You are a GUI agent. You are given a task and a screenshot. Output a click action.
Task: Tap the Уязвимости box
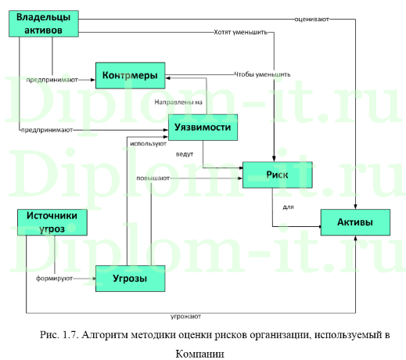(x=203, y=128)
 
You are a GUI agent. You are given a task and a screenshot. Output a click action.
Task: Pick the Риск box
(x=277, y=175)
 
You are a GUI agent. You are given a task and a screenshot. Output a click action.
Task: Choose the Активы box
(x=354, y=224)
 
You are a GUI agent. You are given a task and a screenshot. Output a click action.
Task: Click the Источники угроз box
(x=52, y=222)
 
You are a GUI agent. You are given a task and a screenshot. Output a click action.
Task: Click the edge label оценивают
(x=311, y=18)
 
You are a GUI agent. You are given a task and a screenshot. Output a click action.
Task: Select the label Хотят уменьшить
(x=241, y=33)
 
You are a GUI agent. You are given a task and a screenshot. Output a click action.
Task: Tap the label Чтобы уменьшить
(x=262, y=74)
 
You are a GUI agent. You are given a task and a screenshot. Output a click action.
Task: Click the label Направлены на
(x=179, y=103)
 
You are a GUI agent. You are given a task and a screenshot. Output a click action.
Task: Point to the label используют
(x=148, y=144)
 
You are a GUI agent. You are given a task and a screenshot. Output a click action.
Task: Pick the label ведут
(x=185, y=154)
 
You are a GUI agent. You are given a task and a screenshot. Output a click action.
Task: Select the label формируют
(x=55, y=278)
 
